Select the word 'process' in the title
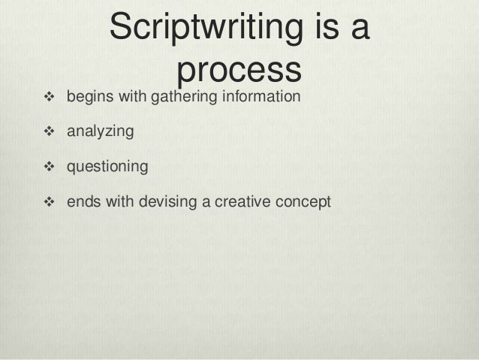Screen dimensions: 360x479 click(x=239, y=71)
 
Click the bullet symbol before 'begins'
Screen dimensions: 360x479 click(x=51, y=97)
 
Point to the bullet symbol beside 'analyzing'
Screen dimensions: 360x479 click(x=51, y=132)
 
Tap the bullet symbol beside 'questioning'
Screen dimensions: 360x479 click(x=51, y=167)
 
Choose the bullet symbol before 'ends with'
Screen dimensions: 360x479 click(x=51, y=202)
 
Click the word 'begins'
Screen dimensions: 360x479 click(x=88, y=98)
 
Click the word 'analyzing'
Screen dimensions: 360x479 click(x=100, y=132)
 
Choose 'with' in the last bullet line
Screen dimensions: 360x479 click(x=115, y=202)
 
